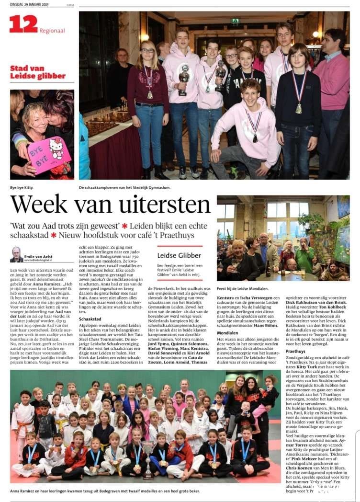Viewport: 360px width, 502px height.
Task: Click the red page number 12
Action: pos(23,23)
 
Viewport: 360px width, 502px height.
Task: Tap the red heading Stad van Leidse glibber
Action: pos(31,71)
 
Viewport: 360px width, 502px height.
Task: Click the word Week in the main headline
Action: pos(39,205)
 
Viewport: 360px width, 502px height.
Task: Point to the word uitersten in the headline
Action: pos(163,205)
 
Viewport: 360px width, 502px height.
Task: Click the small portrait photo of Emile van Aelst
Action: pos(16,254)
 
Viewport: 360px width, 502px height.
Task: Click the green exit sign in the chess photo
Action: pos(235,21)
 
